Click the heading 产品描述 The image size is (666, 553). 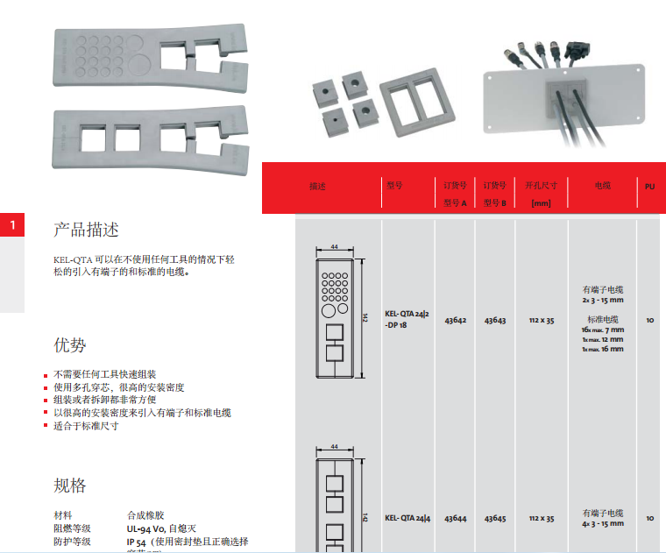(86, 230)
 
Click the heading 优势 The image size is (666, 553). (70, 344)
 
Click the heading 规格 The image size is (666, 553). (70, 486)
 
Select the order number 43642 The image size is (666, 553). (455, 321)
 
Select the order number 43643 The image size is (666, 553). (495, 321)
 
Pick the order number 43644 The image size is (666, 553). (455, 519)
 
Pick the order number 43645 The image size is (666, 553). (495, 519)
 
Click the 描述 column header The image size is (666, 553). (317, 187)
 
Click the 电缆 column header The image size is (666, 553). (602, 186)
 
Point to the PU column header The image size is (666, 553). (649, 187)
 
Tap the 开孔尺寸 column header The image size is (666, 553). (541, 186)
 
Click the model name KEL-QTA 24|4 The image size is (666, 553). (407, 518)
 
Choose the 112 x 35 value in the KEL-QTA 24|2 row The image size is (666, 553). (542, 321)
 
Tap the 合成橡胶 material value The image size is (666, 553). (145, 515)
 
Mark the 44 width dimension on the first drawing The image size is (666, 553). (334, 248)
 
